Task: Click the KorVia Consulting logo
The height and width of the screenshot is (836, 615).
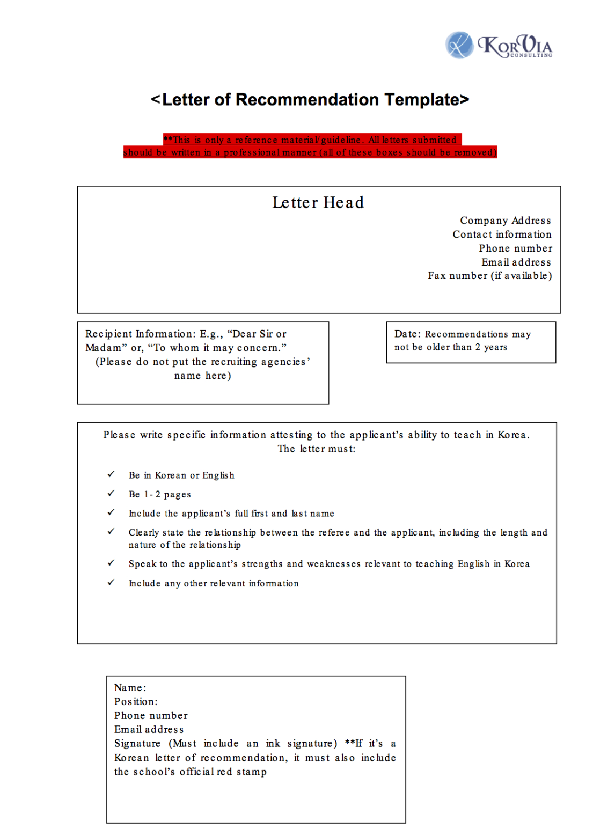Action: coord(499,46)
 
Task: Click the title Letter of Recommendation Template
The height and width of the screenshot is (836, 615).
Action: coord(310,100)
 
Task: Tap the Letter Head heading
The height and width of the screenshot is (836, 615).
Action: coord(318,203)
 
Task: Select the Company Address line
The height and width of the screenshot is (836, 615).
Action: coord(505,221)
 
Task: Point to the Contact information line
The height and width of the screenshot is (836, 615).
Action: coord(502,234)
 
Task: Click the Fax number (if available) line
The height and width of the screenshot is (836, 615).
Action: coord(489,276)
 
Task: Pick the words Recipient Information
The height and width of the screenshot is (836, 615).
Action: coord(140,334)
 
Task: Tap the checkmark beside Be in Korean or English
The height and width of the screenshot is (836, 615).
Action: coord(111,474)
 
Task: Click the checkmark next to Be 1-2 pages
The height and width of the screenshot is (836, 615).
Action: coord(111,494)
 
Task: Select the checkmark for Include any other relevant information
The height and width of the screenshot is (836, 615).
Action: coord(111,583)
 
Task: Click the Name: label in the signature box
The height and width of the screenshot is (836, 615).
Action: coord(130,688)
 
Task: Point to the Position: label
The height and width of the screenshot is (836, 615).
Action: coord(136,702)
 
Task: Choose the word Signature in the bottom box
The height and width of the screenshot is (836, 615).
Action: coord(137,744)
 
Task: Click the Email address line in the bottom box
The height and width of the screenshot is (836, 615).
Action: coord(149,730)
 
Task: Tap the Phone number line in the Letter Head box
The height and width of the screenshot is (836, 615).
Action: coord(515,248)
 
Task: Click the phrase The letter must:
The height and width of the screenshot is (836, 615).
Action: coord(317,449)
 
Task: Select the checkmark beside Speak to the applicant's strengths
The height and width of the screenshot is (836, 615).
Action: coord(111,563)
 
